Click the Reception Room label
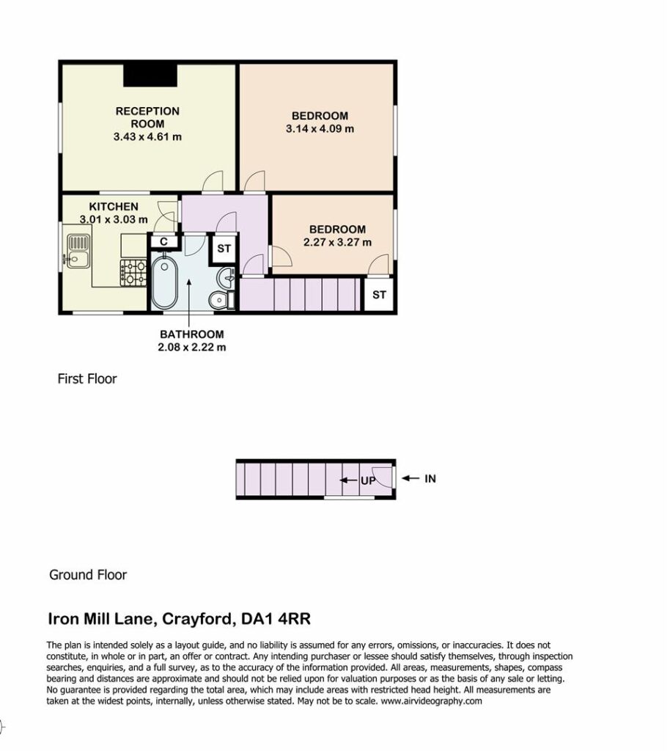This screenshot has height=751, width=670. (x=147, y=117)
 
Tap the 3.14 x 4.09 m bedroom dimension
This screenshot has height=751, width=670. (x=320, y=129)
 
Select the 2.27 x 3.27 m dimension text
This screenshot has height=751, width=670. (x=337, y=242)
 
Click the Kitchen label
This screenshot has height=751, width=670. (x=114, y=206)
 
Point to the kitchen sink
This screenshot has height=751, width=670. (x=78, y=251)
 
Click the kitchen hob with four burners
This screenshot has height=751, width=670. (x=133, y=273)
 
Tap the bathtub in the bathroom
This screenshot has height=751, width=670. (x=165, y=282)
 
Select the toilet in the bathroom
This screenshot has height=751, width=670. (x=221, y=300)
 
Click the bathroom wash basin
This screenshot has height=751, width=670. (x=227, y=276)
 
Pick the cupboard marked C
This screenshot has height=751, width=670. (x=163, y=241)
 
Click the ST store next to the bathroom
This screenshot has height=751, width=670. (x=224, y=249)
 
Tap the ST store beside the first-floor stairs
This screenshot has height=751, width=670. (x=379, y=295)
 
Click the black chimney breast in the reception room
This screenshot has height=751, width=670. (x=150, y=76)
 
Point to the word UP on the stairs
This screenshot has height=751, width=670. (x=368, y=480)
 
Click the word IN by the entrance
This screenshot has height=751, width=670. (x=430, y=478)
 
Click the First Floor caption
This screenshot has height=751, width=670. (x=87, y=379)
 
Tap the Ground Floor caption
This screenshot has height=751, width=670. (x=88, y=575)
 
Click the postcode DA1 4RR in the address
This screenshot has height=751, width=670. (x=276, y=619)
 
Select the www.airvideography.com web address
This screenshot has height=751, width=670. (x=431, y=701)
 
